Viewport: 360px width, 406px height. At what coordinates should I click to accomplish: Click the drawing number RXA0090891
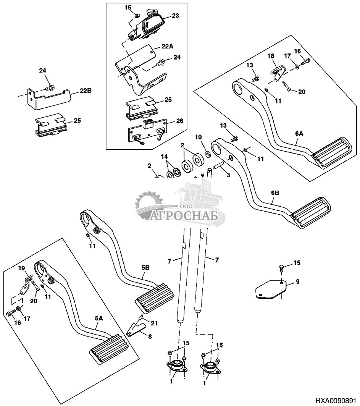(336, 401)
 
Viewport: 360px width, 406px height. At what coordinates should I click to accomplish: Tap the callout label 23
(175, 16)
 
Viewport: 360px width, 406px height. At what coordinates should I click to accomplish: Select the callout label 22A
(168, 46)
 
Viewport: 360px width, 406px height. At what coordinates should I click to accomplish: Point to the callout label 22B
(86, 91)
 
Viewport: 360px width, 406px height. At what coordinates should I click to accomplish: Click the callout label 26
(179, 121)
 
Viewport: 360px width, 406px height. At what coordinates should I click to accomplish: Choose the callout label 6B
(275, 193)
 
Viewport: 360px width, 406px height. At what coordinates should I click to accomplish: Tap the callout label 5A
(98, 318)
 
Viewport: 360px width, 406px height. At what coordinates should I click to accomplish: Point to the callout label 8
(150, 336)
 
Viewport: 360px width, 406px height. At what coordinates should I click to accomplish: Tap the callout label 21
(154, 324)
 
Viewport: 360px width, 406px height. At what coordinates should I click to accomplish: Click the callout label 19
(22, 268)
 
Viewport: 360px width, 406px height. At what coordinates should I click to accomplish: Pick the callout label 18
(271, 56)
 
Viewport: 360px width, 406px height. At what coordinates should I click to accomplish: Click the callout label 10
(198, 137)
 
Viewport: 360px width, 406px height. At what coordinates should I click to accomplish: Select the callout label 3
(228, 175)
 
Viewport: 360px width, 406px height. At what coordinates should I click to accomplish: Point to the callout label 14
(164, 156)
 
